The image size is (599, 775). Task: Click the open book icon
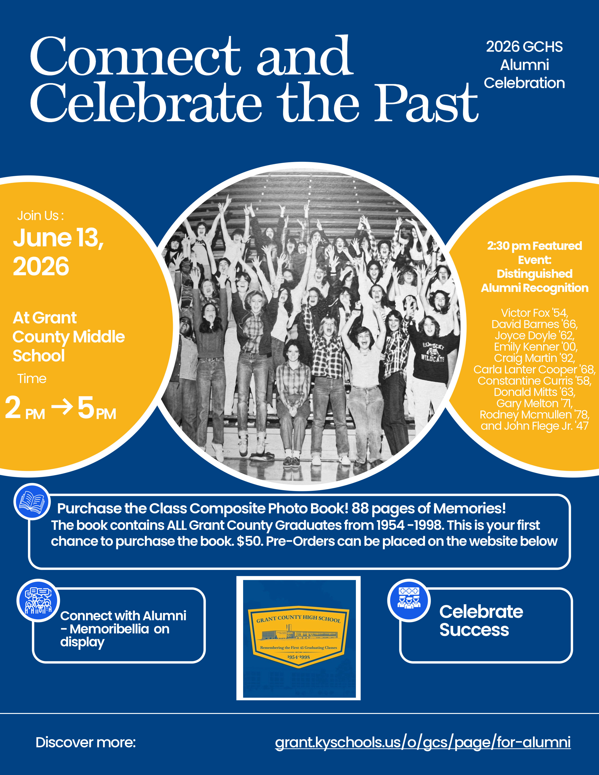point(32,501)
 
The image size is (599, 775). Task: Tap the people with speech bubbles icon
point(38,601)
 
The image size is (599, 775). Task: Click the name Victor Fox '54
point(534,313)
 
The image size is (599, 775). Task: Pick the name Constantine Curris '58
point(534,381)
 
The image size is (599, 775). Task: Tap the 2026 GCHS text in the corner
point(524,47)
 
